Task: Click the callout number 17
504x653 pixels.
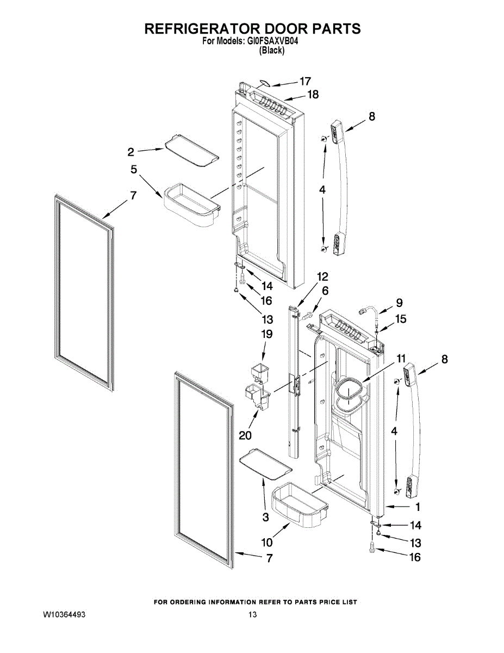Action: [x=306, y=82]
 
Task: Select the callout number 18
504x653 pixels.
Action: [x=313, y=95]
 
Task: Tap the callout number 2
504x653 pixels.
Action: [x=130, y=152]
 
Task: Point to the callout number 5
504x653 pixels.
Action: [x=134, y=169]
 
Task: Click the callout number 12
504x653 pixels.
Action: [x=322, y=276]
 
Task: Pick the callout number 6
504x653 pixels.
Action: [x=325, y=291]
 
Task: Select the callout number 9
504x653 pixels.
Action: [x=399, y=303]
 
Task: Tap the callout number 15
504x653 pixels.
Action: [x=401, y=319]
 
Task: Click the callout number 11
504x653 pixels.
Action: [x=401, y=359]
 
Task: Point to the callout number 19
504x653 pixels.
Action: [x=267, y=334]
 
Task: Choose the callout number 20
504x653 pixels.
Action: [x=245, y=435]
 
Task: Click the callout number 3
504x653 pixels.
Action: [x=266, y=517]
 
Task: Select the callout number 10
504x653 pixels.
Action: [x=267, y=543]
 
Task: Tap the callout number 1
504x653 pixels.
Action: [x=418, y=507]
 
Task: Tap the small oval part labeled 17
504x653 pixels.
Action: [x=264, y=83]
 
